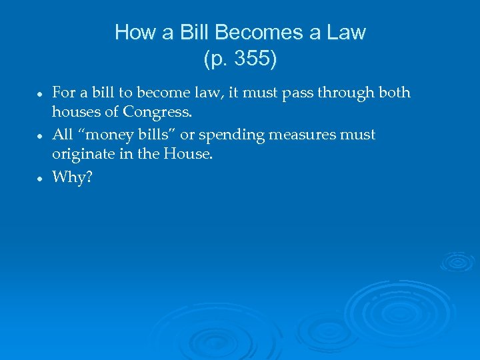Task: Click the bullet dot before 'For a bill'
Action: tap(41, 94)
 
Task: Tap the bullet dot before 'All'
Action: tap(41, 136)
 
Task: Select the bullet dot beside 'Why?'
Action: tap(41, 179)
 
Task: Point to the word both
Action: tap(394, 92)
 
